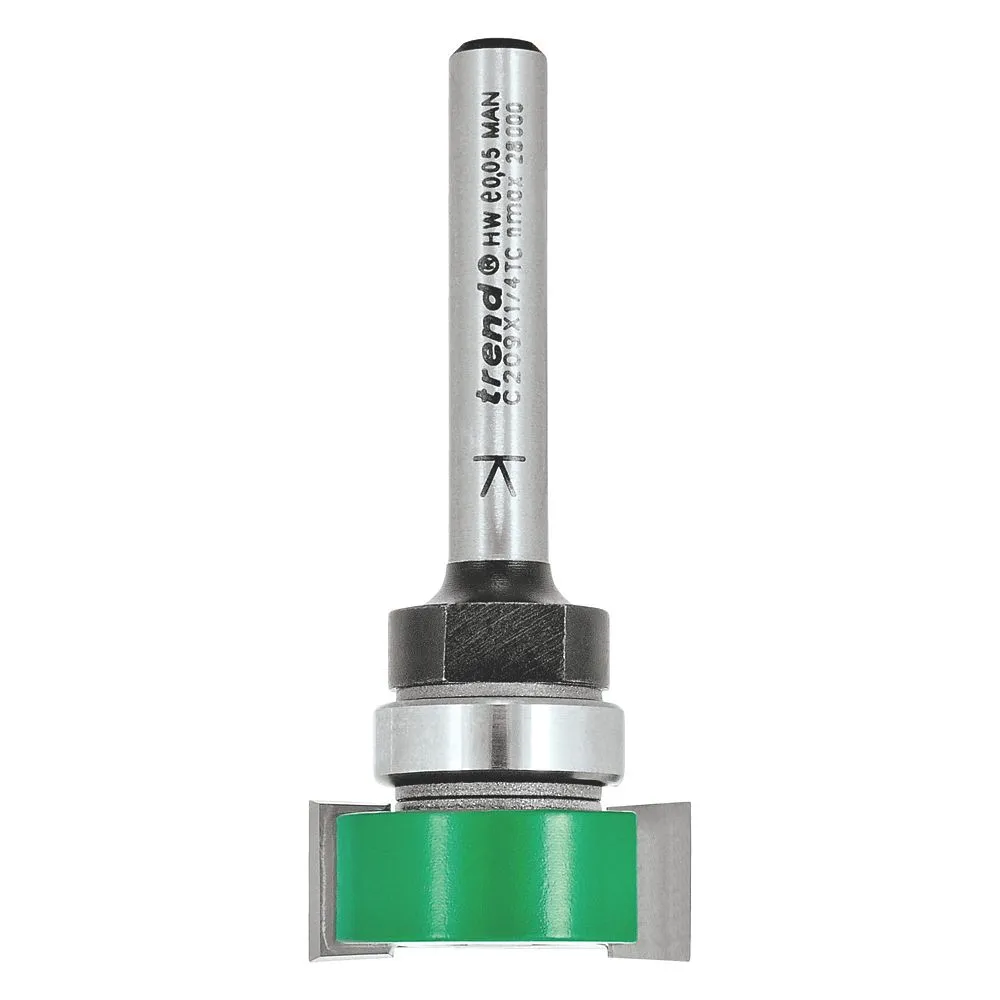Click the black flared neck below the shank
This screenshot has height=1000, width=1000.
click(497, 584)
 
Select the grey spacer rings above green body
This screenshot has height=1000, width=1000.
click(497, 790)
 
